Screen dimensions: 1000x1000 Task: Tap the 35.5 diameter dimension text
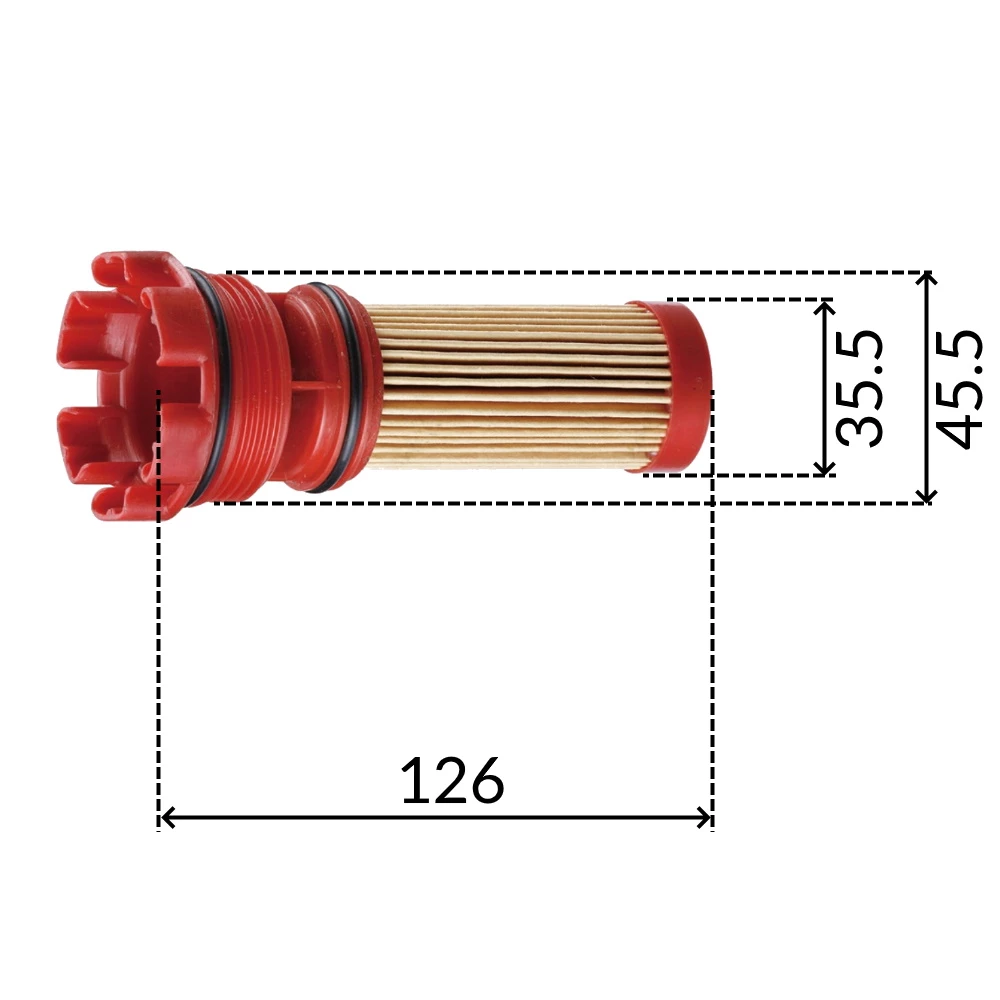click(858, 388)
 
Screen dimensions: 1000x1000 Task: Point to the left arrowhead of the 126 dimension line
click(167, 818)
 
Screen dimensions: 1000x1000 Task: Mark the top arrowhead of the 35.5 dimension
click(824, 307)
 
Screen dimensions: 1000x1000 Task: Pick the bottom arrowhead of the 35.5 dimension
click(824, 467)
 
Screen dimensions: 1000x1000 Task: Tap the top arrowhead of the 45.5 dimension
click(928, 280)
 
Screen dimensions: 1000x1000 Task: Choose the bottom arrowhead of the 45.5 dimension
click(928, 495)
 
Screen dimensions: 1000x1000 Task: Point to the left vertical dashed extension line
click(159, 650)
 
